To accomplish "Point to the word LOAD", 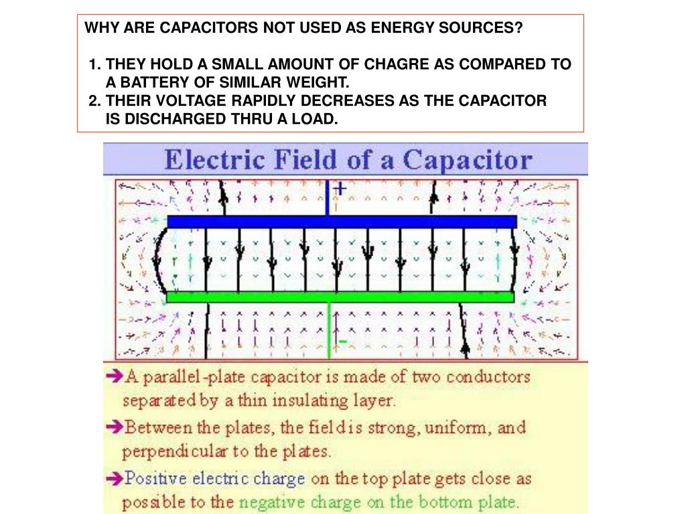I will coord(317,119).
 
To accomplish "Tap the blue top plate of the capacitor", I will coord(342,222).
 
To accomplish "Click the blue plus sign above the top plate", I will coord(340,189).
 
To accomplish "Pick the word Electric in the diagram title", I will coord(211,161).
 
